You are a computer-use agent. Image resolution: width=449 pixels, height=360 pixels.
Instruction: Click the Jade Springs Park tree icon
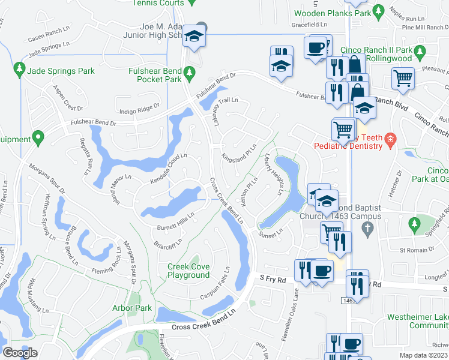point(19,71)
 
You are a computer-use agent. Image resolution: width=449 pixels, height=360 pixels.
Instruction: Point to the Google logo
point(20,353)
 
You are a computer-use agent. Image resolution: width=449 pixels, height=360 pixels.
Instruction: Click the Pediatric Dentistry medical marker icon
point(390,141)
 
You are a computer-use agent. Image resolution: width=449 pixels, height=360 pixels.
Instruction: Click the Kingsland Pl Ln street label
point(240,154)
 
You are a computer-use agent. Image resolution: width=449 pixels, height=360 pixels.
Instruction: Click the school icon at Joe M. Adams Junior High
point(194,36)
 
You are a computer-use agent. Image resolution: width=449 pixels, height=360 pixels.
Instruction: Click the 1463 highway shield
point(351,299)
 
